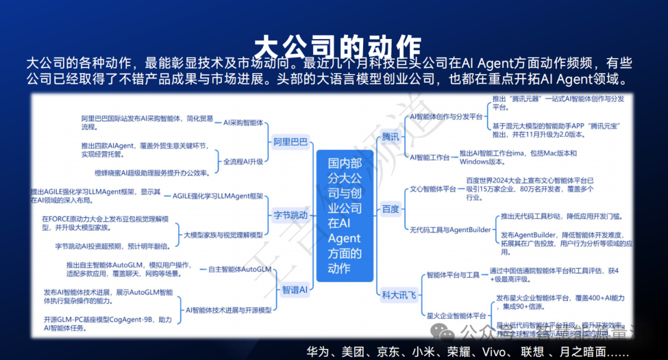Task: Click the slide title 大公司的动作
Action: point(338,46)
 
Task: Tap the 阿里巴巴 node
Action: point(291,142)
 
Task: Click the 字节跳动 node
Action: point(291,215)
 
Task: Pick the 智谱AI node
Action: point(294,289)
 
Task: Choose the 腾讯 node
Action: point(390,136)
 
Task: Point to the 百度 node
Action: point(390,208)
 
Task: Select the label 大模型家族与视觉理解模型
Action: point(223,235)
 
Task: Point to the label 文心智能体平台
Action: point(433,189)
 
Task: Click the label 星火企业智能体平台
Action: point(456,315)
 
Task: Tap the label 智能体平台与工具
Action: point(453,275)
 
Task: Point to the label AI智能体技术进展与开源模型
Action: point(229,309)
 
